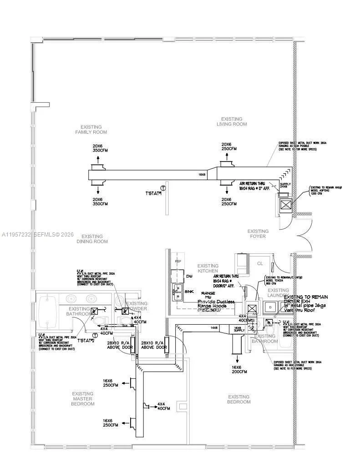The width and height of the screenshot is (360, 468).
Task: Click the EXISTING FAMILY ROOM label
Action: [x=91, y=130]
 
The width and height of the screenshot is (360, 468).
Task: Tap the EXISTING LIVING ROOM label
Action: [x=231, y=121]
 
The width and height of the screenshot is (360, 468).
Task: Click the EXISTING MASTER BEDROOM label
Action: [x=83, y=398]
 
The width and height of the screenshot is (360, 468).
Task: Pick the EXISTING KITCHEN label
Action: [x=208, y=268]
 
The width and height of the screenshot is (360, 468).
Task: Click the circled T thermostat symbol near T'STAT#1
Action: [x=163, y=188]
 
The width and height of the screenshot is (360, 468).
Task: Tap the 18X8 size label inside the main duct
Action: [x=202, y=175]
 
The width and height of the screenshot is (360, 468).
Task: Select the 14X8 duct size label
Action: [x=214, y=327]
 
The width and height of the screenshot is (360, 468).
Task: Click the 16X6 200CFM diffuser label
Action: [x=238, y=369]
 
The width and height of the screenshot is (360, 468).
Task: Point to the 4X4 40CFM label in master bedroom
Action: [x=163, y=406]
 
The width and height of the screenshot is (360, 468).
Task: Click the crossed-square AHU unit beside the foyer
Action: [x=285, y=205]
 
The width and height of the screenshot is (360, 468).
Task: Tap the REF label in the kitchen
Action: [x=178, y=262]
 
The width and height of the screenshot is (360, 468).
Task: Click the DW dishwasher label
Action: [x=189, y=276]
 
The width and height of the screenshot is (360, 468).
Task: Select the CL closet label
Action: [x=260, y=263]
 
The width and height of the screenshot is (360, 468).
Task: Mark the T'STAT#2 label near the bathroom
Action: [x=86, y=340]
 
